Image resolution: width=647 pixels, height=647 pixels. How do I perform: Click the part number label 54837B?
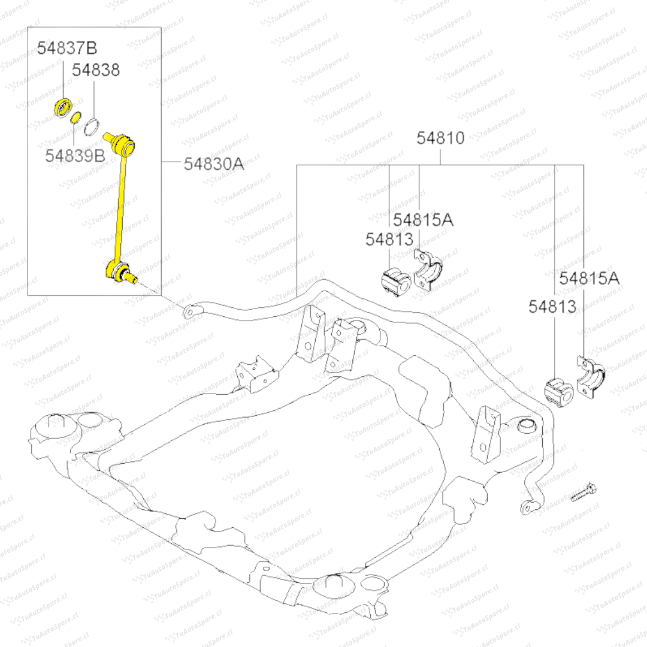click(67, 49)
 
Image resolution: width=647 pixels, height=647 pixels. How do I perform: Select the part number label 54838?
click(96, 70)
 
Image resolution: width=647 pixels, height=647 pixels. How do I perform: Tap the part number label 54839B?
click(75, 155)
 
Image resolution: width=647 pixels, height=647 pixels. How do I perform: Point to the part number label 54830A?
click(214, 163)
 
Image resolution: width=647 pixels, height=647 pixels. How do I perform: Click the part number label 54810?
click(440, 138)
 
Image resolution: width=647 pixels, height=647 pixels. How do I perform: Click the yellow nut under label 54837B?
click(62, 105)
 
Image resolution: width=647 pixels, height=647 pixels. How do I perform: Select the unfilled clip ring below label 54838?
click(92, 128)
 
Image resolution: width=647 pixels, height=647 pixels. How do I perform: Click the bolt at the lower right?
click(583, 492)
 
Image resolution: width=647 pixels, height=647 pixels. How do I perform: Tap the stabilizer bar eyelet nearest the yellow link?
click(190, 311)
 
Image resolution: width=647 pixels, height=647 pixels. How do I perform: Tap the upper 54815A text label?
click(423, 220)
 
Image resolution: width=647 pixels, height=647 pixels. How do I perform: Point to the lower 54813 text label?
click(552, 307)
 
